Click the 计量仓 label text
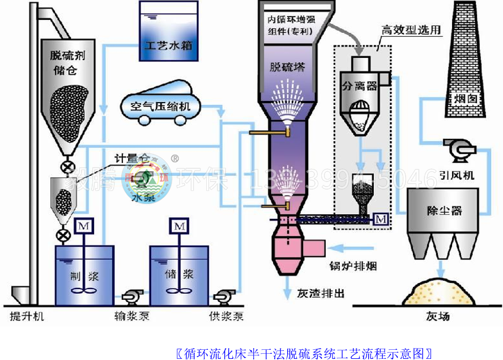(127, 159)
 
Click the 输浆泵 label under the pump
(131, 316)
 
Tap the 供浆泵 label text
(226, 316)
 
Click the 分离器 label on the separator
(359, 87)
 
